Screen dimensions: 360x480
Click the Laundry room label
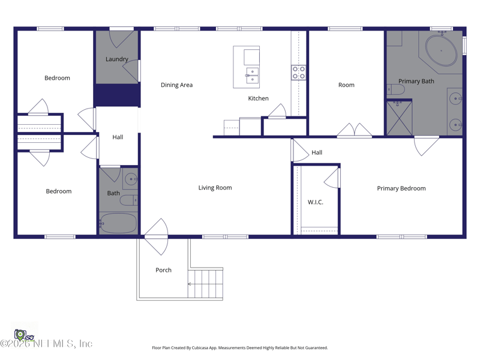pos(117,59)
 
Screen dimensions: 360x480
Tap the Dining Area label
pos(176,85)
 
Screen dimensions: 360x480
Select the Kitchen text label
pos(259,98)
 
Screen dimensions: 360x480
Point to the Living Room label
pos(215,188)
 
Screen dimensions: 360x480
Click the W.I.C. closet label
pos(316,202)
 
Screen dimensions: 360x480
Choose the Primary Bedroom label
pos(401,188)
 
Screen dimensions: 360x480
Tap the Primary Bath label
pos(416,82)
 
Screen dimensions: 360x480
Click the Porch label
pos(163,270)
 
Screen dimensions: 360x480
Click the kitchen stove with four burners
pos(299,73)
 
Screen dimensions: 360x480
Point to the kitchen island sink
pos(253,75)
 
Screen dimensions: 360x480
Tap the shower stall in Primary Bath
pos(399,118)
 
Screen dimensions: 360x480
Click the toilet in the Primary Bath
pos(396,90)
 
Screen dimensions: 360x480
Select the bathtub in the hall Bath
pos(118,223)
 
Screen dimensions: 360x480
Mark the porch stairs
pos(207,283)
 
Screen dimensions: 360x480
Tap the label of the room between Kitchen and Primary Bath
pos(346,85)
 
